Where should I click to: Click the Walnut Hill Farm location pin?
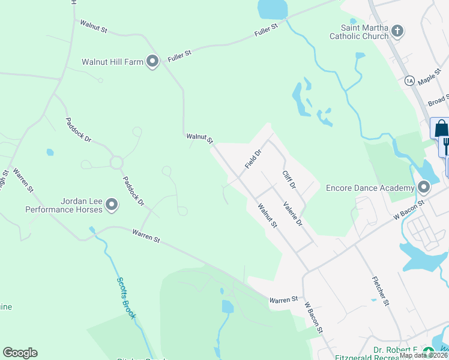click(x=152, y=61)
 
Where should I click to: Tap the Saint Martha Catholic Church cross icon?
click(x=397, y=31)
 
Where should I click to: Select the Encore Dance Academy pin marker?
click(x=424, y=188)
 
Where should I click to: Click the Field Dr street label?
click(x=253, y=159)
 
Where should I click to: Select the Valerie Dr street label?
click(x=292, y=213)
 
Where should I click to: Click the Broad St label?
click(x=439, y=100)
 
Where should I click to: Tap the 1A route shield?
click(x=410, y=80)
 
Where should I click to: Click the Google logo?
click(x=20, y=353)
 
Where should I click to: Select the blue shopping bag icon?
click(x=440, y=128)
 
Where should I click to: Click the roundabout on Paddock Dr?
click(x=116, y=163)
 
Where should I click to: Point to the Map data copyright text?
click(x=423, y=355)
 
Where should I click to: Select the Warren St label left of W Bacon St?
click(x=283, y=299)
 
